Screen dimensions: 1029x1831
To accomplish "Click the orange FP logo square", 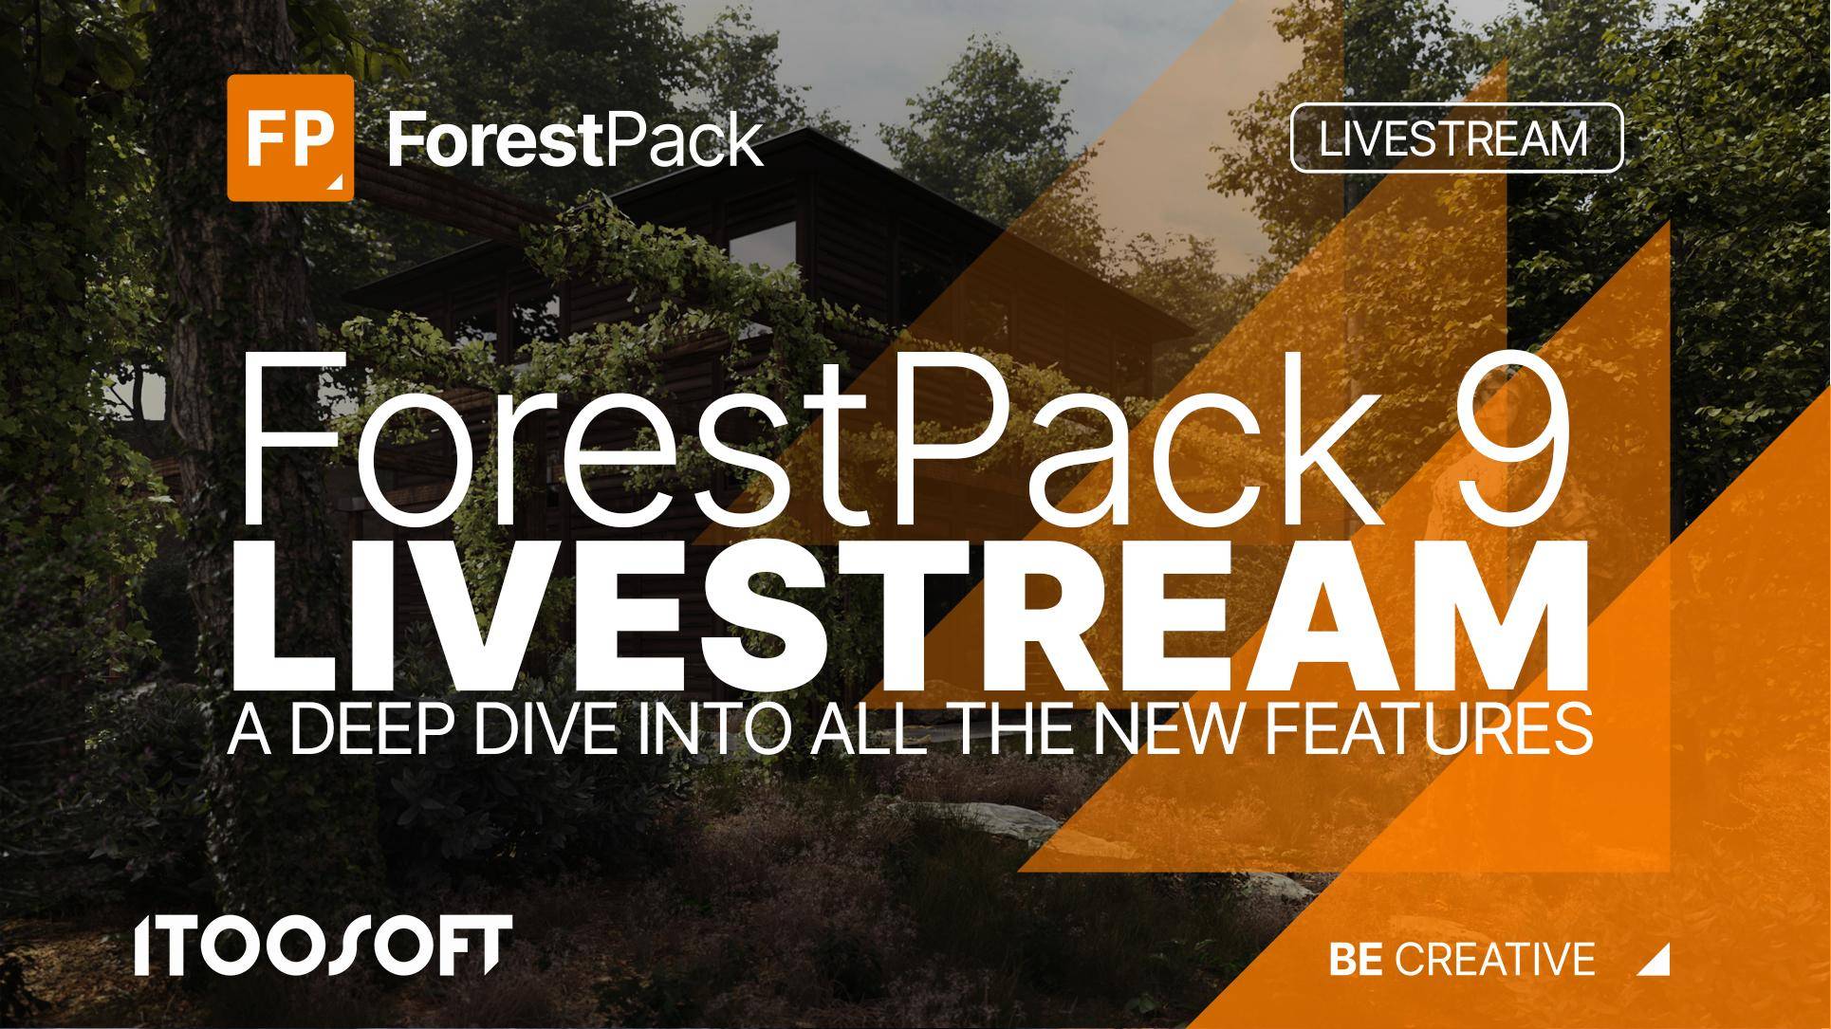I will pos(290,138).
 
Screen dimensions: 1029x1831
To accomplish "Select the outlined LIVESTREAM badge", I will pos(1456,138).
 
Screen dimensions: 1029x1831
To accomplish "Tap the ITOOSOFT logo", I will pos(323,946).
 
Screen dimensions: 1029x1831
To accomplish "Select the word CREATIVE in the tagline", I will pos(1496,960).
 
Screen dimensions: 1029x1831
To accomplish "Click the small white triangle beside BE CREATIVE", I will pos(1655,961).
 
